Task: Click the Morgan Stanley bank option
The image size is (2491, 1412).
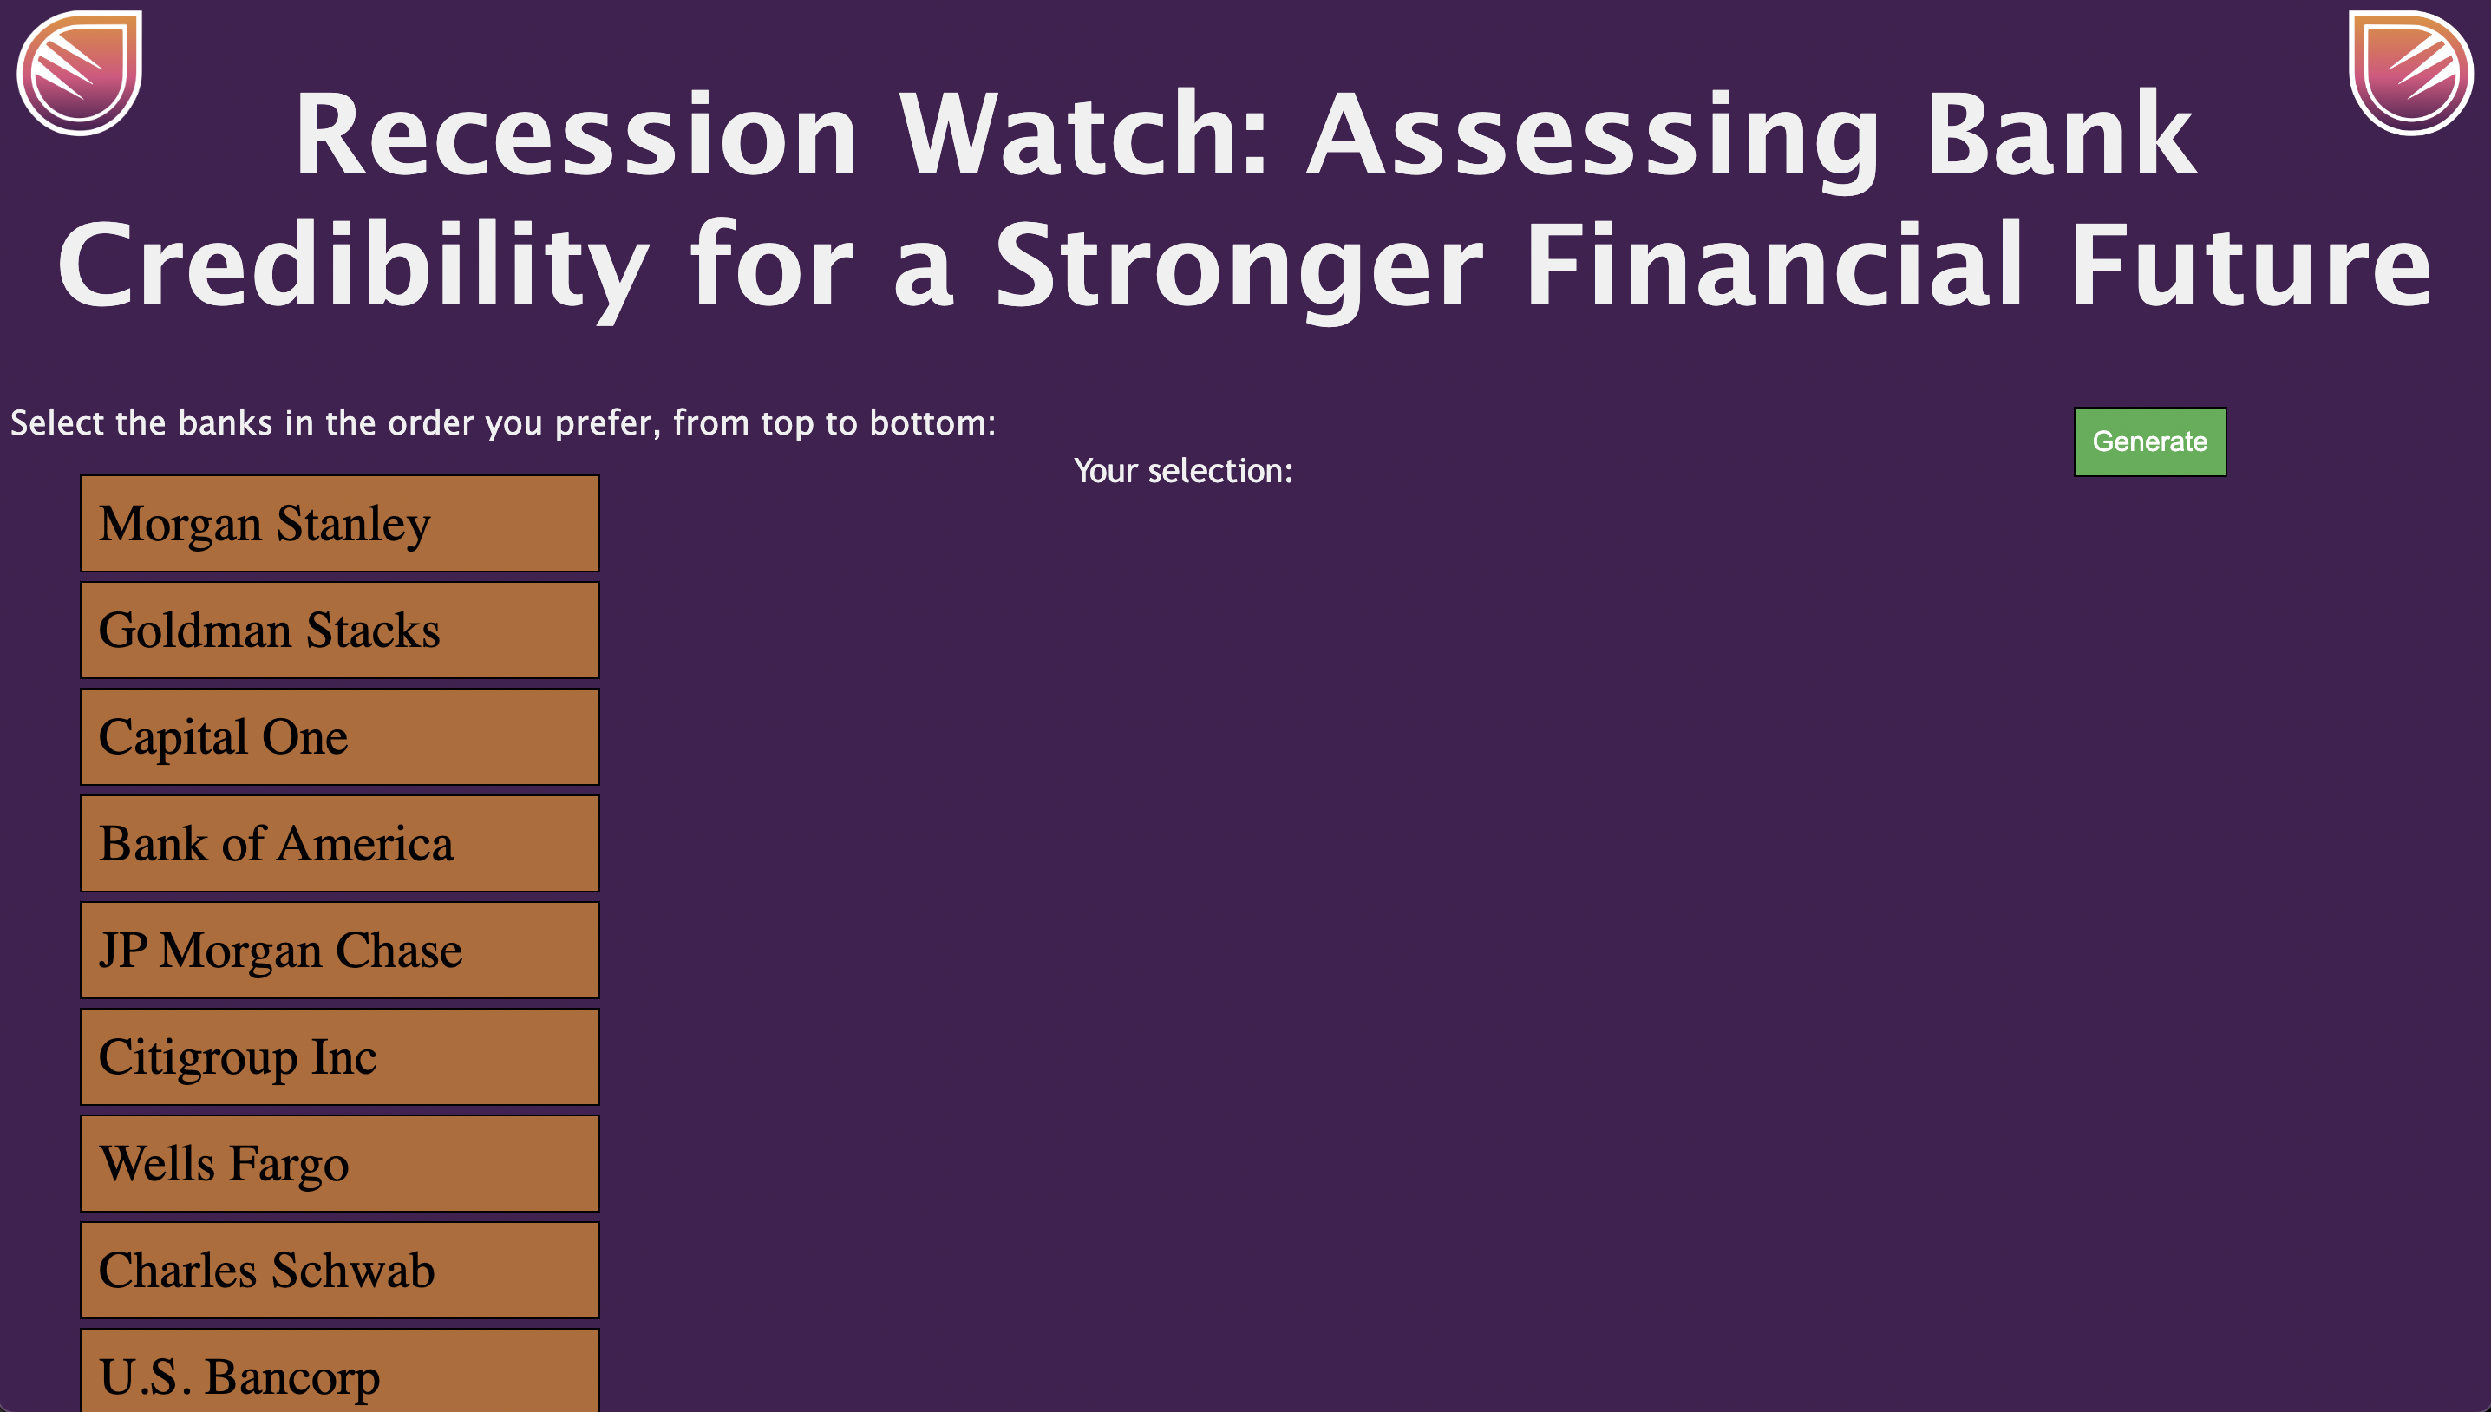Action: click(x=339, y=524)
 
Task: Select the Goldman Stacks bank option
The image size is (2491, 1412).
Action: click(x=339, y=631)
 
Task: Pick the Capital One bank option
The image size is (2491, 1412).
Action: click(x=339, y=737)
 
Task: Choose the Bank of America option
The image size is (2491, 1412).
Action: click(x=339, y=844)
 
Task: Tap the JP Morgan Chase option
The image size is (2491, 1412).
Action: click(x=339, y=951)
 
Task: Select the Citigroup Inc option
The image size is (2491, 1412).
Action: click(x=339, y=1057)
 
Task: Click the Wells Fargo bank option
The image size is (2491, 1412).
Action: click(x=339, y=1164)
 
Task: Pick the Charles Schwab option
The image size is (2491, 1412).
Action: click(x=339, y=1271)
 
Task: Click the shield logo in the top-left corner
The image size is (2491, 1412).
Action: click(x=80, y=73)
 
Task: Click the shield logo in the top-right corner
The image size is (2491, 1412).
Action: click(x=2410, y=73)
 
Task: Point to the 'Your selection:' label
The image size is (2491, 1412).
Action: click(x=1183, y=471)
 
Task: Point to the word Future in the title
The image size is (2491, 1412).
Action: click(x=2251, y=266)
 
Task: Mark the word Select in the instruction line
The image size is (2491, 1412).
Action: click(x=56, y=424)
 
